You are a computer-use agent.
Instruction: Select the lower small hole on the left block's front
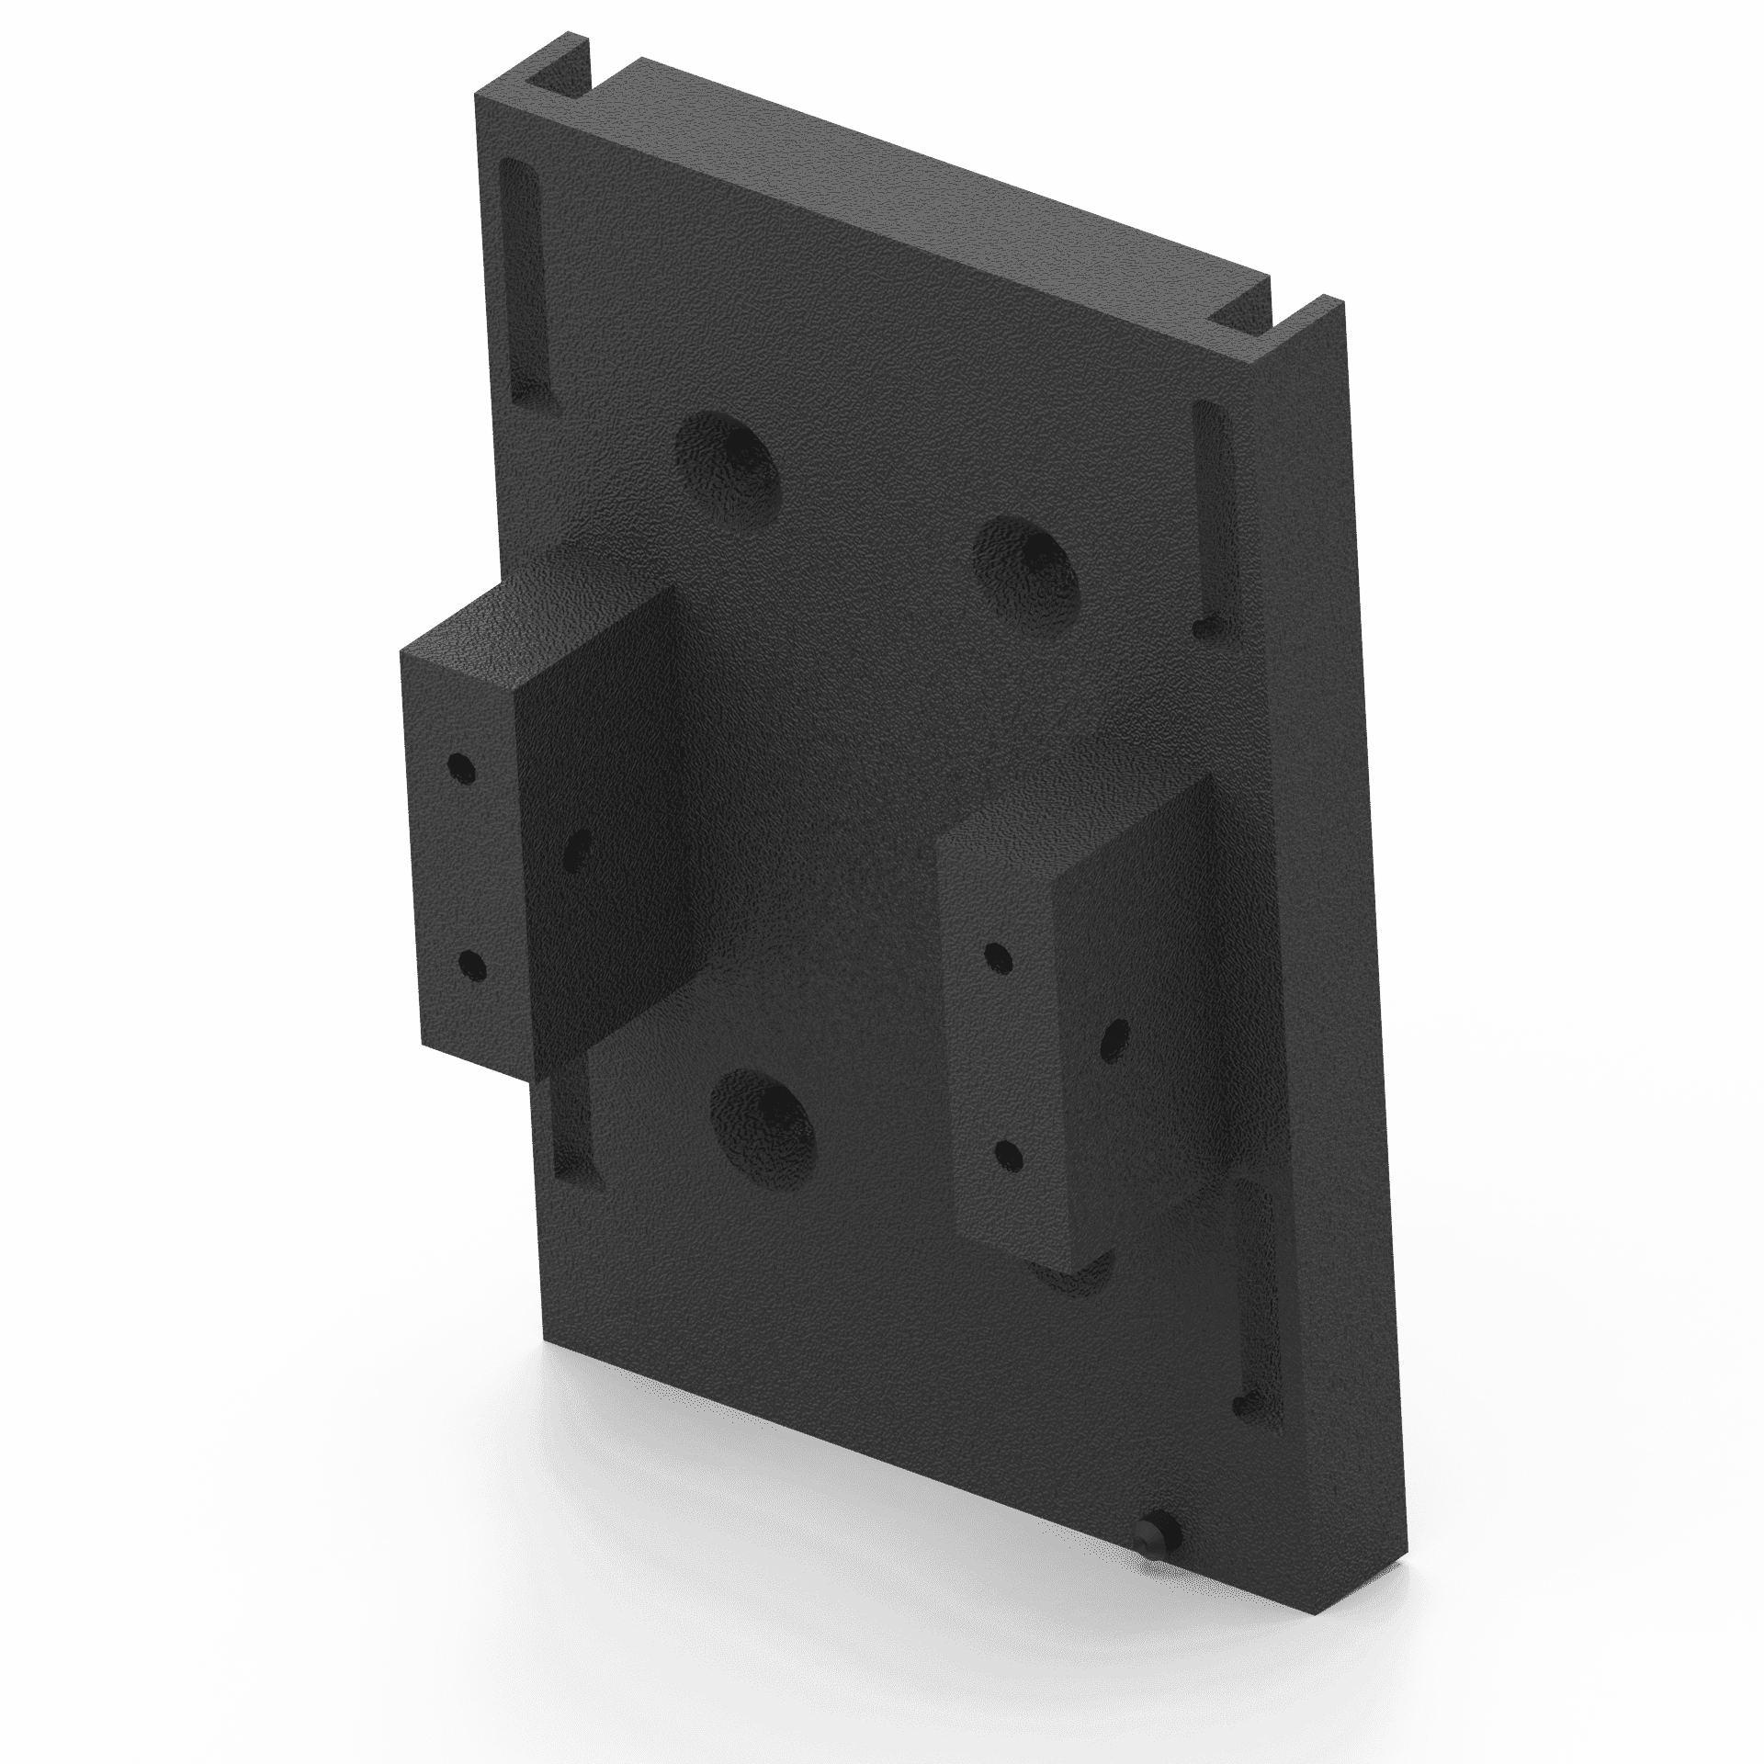click(471, 964)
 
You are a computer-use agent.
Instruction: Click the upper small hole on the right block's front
click(995, 955)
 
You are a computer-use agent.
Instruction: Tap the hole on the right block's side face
click(1115, 1037)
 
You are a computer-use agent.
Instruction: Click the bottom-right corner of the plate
click(1401, 1594)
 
